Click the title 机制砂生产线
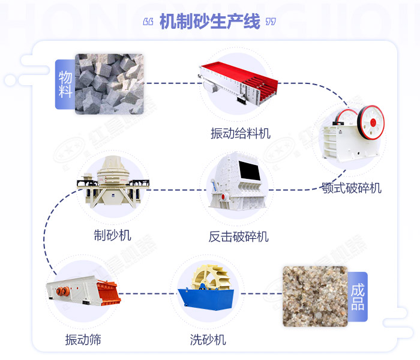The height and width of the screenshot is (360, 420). coord(209,22)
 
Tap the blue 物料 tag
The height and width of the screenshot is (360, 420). coord(65,84)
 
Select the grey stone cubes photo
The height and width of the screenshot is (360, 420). coord(109,84)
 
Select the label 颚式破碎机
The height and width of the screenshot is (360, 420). coord(350,188)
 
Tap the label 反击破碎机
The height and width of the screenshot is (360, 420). coord(238,236)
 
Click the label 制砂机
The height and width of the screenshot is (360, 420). coord(112,234)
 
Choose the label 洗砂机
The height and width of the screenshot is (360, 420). coord(208,340)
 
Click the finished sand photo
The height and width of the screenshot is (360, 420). coord(314,296)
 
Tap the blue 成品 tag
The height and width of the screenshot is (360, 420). coord(358,296)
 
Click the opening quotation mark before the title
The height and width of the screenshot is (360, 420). coord(149,23)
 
